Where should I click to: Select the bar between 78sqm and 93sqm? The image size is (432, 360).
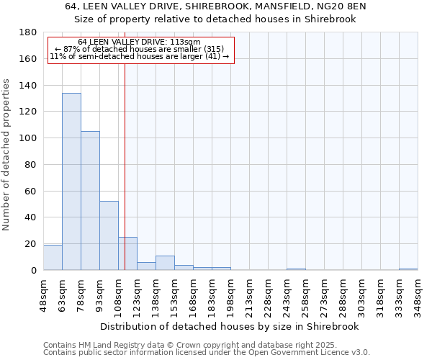click(90, 201)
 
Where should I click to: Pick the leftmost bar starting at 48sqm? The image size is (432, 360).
click(53, 258)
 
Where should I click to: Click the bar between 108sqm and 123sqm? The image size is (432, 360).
click(127, 253)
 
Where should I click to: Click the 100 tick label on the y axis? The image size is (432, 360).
click(29, 138)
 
